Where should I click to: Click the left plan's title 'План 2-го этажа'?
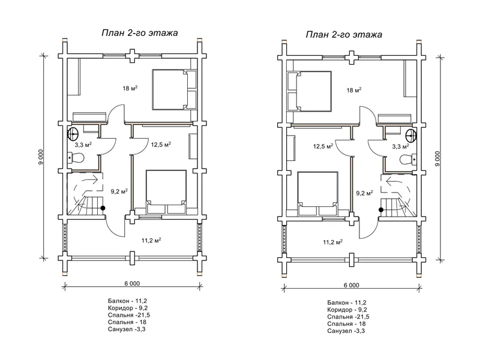pos(140,33)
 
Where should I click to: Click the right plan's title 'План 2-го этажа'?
pos(344,34)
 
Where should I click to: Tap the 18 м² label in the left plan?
pos(130,88)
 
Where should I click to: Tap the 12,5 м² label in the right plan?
pos(323,146)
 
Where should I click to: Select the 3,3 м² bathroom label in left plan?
pos(83,144)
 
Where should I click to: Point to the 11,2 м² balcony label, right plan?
pos(333,242)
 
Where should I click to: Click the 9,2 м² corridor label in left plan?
pos(119,191)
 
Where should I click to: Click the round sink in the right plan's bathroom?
pos(410,135)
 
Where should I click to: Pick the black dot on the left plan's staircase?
pos(103,208)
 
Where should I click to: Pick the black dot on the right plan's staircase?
pos(381,210)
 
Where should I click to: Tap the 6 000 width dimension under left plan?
pos(132,283)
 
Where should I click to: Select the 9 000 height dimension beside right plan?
pos(438,158)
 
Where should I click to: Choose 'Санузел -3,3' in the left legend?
pos(127,329)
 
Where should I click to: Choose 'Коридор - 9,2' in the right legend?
pos(347,310)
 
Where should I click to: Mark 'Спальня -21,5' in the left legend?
pos(129,315)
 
